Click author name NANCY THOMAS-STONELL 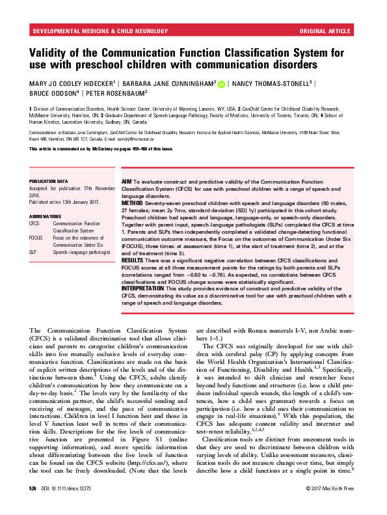273,84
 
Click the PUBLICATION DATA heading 51,181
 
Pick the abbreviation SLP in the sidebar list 33,251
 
